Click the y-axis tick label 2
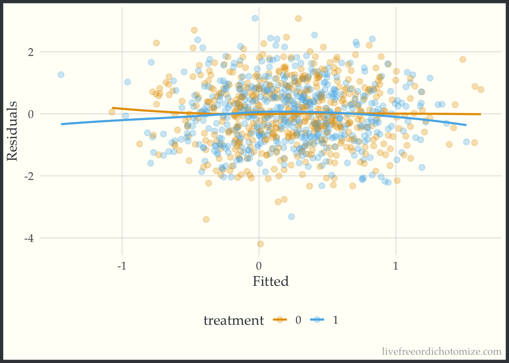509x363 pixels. click(31, 52)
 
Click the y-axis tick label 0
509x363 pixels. click(31, 114)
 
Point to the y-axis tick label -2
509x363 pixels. click(29, 176)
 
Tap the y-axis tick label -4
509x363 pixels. click(29, 238)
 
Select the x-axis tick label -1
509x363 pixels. click(122, 266)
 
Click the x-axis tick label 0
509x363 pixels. click(259, 266)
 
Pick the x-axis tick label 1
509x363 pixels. click(396, 266)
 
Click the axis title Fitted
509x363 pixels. click(270, 281)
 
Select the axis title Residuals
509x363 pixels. click(12, 131)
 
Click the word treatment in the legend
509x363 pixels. click(233, 320)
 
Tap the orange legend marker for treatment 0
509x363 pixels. click(280, 320)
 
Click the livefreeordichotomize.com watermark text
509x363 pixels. click(442, 352)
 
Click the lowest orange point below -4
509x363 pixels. click(260, 244)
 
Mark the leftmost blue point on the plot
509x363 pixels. click(61, 75)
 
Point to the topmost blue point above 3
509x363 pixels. click(255, 18)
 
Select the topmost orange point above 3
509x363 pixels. click(298, 19)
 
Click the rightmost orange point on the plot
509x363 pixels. click(481, 90)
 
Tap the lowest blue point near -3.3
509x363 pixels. click(291, 217)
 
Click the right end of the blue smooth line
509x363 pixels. click(466, 125)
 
